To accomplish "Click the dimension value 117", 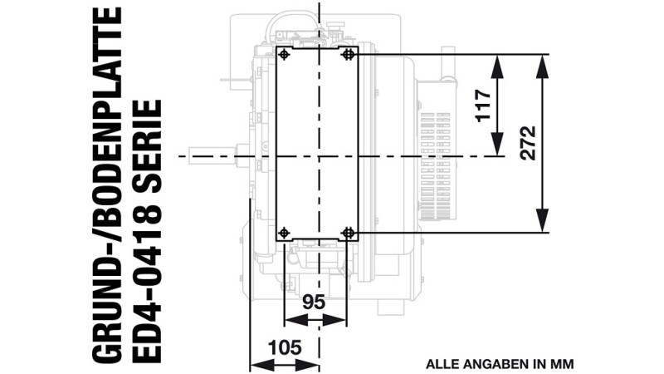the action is pyautogui.click(x=483, y=106).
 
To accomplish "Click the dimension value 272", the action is pyautogui.click(x=529, y=143).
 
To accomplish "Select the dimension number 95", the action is pyautogui.click(x=314, y=302).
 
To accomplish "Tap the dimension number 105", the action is pyautogui.click(x=285, y=347).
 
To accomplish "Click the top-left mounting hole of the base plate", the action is pyautogui.click(x=284, y=54).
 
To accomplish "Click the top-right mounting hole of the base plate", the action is pyautogui.click(x=349, y=54).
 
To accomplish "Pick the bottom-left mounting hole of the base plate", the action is pyautogui.click(x=284, y=233).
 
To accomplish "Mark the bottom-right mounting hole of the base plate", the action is pyautogui.click(x=349, y=233).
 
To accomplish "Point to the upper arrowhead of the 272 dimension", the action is pyautogui.click(x=543, y=66).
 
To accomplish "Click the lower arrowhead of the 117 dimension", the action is pyautogui.click(x=497, y=144).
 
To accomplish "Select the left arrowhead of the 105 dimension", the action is pyautogui.click(x=262, y=364).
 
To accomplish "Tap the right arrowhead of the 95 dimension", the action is pyautogui.click(x=334, y=320).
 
